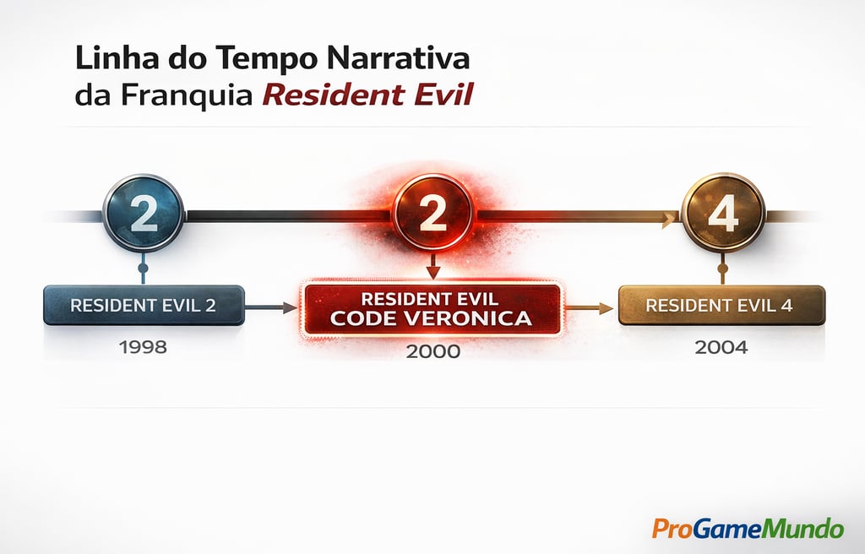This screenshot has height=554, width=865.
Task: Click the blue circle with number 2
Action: point(143,215)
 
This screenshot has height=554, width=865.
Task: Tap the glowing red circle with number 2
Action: point(432,215)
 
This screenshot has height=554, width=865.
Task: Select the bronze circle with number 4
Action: point(722,215)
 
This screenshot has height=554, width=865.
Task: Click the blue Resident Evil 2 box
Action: point(144,305)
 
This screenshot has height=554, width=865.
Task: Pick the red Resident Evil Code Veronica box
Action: point(432,309)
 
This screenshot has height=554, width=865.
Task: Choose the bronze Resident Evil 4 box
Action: point(721,305)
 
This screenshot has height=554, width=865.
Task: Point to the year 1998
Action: point(144,347)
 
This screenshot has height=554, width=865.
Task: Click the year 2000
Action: point(433,351)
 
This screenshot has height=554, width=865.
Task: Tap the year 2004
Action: point(721,347)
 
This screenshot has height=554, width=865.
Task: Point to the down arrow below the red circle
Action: point(432,268)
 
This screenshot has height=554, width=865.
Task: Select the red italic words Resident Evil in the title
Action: point(367,95)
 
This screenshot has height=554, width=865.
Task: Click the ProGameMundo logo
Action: point(747,529)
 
